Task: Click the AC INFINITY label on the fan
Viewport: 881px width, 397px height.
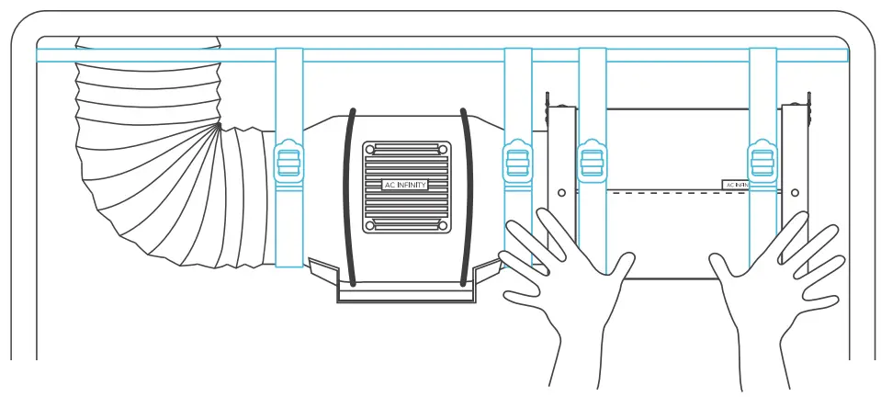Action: coord(406,185)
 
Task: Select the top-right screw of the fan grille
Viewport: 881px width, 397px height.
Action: coord(443,148)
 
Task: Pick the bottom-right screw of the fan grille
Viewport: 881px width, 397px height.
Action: coord(443,225)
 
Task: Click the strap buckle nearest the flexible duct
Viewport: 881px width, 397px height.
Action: coord(289,163)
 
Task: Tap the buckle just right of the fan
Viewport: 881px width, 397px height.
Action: coord(517,163)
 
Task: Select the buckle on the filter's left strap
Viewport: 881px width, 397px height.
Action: coord(592,163)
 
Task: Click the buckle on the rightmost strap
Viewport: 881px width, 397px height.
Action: coord(762,163)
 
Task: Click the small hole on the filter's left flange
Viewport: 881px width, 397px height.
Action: coord(562,192)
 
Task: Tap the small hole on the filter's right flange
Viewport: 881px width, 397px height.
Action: coord(795,193)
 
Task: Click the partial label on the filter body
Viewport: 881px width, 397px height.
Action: coord(737,185)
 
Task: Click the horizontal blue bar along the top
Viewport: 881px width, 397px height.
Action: coord(441,55)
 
